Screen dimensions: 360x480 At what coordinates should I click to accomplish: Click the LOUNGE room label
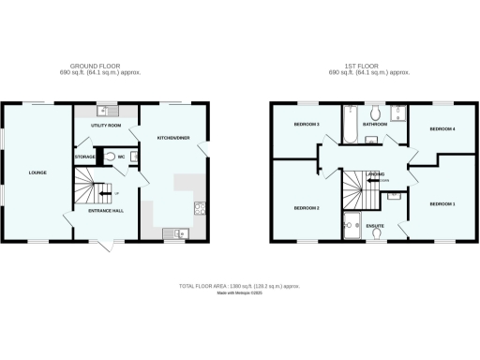(37, 172)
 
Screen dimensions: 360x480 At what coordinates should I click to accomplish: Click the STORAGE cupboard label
(85, 157)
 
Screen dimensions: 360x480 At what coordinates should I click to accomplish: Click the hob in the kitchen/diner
(199, 207)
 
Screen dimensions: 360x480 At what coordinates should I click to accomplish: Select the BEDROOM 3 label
(307, 124)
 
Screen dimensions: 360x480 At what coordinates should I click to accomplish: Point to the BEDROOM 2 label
(307, 207)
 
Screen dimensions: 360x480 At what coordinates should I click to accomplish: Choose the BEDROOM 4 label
(442, 128)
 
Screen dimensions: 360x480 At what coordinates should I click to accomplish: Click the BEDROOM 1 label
(442, 203)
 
